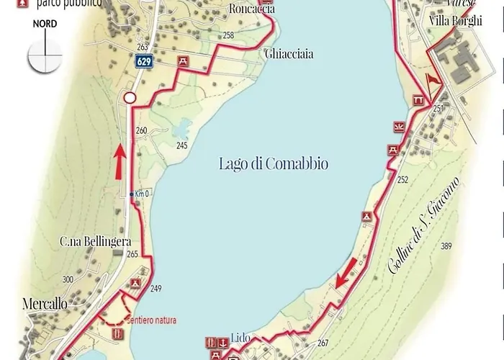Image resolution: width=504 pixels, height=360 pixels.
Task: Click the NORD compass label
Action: point(45,24)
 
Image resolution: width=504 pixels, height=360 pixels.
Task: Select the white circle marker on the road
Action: point(130,97)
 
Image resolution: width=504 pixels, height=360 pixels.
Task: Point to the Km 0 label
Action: point(143,194)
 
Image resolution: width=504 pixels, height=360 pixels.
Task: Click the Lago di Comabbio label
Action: point(273,164)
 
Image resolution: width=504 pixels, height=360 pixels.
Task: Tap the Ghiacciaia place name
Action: point(289,54)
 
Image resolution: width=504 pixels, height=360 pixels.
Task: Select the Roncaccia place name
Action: point(251,9)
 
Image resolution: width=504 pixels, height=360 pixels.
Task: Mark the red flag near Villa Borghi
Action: point(432,81)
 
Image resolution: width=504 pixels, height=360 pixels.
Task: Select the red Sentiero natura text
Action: point(151,320)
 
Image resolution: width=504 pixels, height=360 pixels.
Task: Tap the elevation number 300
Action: point(68,279)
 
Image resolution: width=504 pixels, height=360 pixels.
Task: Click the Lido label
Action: point(240,336)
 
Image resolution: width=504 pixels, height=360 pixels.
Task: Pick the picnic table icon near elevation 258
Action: point(184,61)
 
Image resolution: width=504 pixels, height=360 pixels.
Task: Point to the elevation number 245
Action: point(181,146)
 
